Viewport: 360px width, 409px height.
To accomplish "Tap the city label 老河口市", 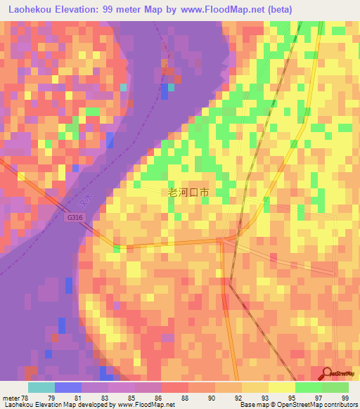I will coord(189,192).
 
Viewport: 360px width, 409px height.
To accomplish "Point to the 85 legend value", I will coord(132,397).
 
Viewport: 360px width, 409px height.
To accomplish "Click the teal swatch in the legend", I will coord(41,387).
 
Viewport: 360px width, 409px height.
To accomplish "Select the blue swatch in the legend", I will coord(67,387).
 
